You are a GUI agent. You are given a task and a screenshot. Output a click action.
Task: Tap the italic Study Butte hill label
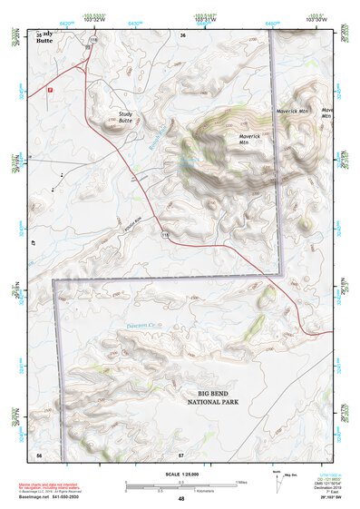pyautogui.click(x=125, y=117)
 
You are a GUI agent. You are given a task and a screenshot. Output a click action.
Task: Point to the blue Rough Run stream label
pyautogui.click(x=155, y=138)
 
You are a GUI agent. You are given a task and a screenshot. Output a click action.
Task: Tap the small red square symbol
pyautogui.click(x=51, y=90)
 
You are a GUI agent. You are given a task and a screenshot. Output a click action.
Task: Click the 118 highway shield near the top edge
pyautogui.click(x=93, y=42)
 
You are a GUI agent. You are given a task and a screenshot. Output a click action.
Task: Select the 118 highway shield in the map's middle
pyautogui.click(x=165, y=235)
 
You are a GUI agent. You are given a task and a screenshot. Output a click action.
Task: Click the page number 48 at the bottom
pyautogui.click(x=180, y=500)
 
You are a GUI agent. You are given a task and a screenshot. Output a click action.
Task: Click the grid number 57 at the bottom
pyautogui.click(x=180, y=453)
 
